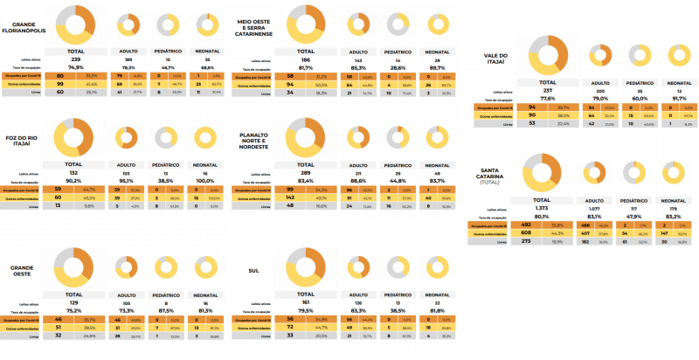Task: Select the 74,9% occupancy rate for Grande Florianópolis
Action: point(75,67)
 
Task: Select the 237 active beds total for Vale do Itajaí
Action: point(547,90)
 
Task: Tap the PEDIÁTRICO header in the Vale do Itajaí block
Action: point(643,82)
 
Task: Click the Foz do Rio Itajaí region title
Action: point(23,142)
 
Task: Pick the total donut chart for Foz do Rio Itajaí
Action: point(74,136)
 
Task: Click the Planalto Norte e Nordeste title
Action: point(260,142)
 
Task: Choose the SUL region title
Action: point(253,271)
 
